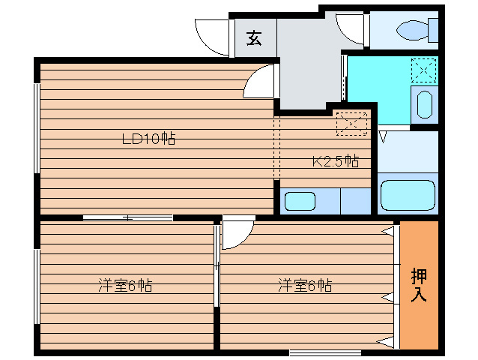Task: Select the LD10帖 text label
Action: pyautogui.click(x=149, y=139)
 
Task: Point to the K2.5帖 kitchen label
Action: pyautogui.click(x=335, y=161)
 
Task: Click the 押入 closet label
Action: pyautogui.click(x=419, y=285)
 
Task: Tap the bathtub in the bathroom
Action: pyautogui.click(x=408, y=196)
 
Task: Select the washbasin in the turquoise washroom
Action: pyautogui.click(x=425, y=105)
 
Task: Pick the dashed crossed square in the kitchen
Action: pyautogui.click(x=352, y=124)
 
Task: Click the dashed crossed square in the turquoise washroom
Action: pyautogui.click(x=424, y=70)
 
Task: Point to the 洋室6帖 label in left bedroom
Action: pyautogui.click(x=126, y=286)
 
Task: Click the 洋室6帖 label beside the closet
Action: pyautogui.click(x=306, y=286)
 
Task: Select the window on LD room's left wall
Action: pyautogui.click(x=36, y=127)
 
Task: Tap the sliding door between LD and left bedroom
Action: pyautogui.click(x=127, y=217)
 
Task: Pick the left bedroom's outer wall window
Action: pyautogui.click(x=36, y=286)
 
